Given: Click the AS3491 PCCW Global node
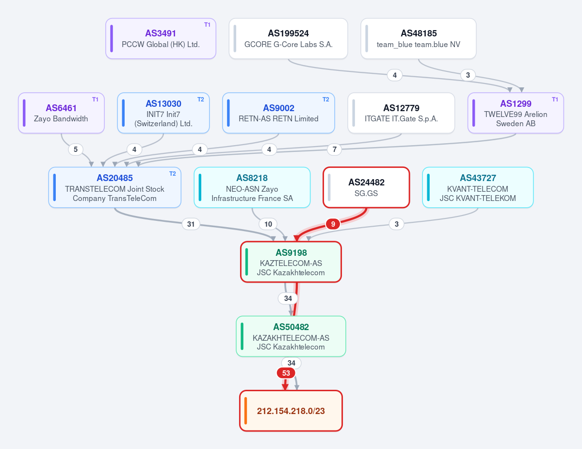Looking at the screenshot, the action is pos(161,39).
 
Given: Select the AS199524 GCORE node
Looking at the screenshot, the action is pos(288,39).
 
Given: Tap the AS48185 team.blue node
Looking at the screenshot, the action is pos(419,39).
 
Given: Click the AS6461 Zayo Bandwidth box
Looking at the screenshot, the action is pos(61,113).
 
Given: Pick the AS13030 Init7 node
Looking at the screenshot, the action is pos(163,113).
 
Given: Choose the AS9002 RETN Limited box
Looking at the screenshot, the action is pos(278,113).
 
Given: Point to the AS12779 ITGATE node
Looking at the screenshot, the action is pos(401,113).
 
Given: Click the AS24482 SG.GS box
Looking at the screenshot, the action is pos(366,187).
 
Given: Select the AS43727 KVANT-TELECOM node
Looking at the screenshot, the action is pos(478,187).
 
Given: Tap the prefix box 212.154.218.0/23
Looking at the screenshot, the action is pos(291,411).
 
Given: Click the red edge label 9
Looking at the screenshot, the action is pos(333,224).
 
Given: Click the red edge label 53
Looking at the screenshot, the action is pos(286,373).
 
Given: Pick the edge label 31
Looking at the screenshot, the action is pos(191,224).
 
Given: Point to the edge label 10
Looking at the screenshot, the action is pos(268,224).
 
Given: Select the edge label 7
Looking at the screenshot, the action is pos(335,150).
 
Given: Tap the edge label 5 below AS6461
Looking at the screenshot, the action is pos(76,150).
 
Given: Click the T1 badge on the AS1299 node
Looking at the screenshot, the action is pos(555,100).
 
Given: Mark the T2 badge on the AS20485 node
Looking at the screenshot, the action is pos(173,174).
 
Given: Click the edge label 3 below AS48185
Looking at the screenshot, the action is pos(468,75).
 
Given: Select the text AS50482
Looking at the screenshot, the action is pos(291,327).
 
